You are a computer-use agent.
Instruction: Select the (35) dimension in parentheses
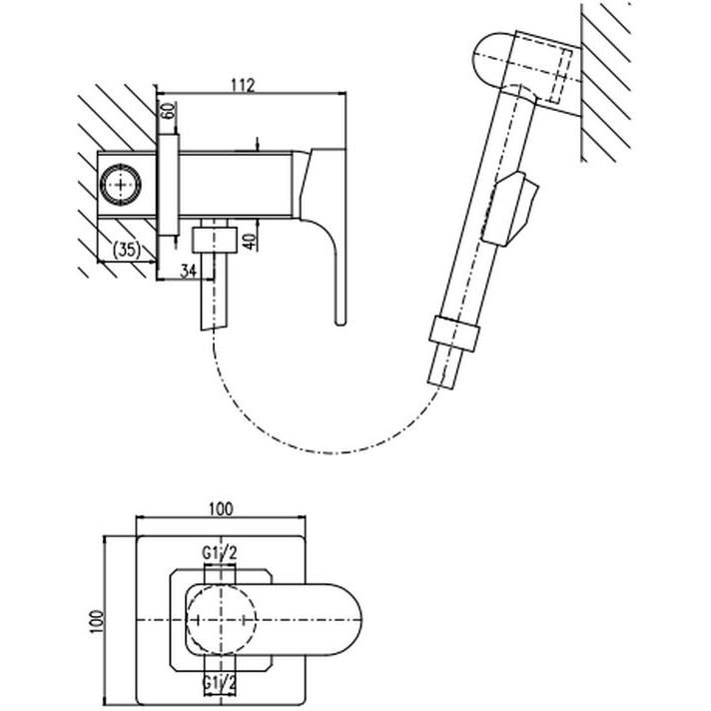point(127,250)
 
